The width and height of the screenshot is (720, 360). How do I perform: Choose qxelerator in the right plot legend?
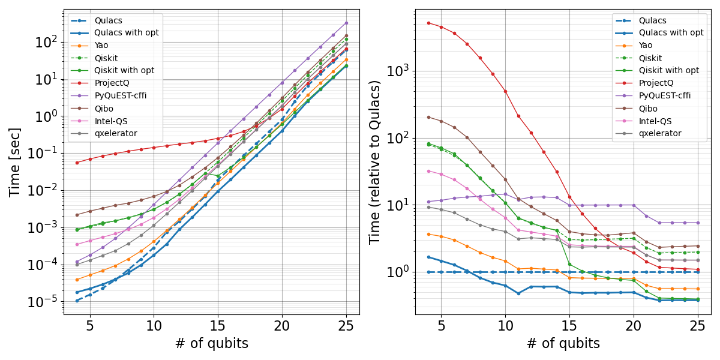pyautogui.click(x=664, y=133)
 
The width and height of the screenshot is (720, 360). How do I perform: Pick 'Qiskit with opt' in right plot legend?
pyautogui.click(x=669, y=70)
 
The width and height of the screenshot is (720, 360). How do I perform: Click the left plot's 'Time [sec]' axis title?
pyautogui.click(x=15, y=162)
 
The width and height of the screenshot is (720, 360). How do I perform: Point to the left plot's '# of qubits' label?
pyautogui.click(x=211, y=343)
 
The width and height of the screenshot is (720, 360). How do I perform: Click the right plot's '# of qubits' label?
pyautogui.click(x=563, y=343)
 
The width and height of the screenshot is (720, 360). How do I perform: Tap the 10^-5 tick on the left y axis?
pyautogui.click(x=42, y=302)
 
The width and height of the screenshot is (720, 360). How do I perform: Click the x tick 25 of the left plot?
pyautogui.click(x=346, y=325)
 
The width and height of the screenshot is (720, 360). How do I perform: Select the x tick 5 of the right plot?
pyautogui.click(x=441, y=325)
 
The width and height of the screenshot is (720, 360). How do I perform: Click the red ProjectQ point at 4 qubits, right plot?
pyautogui.click(x=428, y=23)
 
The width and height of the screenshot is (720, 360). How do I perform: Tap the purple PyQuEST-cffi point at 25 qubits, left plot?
pyautogui.click(x=346, y=23)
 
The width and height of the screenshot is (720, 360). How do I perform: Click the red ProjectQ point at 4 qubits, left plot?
pyautogui.click(x=77, y=163)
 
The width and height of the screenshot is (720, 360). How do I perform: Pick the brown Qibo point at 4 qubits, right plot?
pyautogui.click(x=428, y=117)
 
